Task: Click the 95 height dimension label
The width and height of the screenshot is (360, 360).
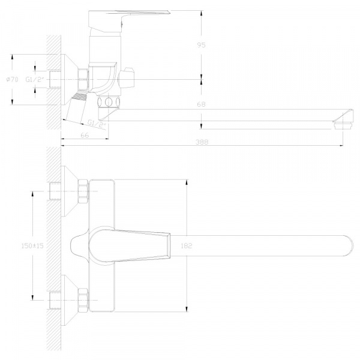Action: click(x=202, y=45)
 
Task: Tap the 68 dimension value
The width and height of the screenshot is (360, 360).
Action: click(x=201, y=104)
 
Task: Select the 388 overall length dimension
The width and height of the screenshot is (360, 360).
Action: click(x=202, y=142)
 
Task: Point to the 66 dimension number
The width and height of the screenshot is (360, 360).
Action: click(x=85, y=135)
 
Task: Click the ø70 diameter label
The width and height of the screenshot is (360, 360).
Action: click(x=12, y=79)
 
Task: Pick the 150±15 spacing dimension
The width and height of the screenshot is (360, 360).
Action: click(x=32, y=245)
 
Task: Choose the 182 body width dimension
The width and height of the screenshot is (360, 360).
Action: click(x=186, y=245)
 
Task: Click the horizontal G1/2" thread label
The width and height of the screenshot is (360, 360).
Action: click(x=35, y=80)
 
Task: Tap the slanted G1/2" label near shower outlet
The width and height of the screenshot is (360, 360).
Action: click(x=97, y=124)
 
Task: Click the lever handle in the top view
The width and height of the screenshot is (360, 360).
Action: click(x=130, y=246)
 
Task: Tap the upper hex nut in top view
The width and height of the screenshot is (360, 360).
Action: click(x=83, y=191)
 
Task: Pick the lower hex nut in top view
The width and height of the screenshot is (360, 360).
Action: click(x=83, y=300)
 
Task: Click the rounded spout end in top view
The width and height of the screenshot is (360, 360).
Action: click(x=347, y=245)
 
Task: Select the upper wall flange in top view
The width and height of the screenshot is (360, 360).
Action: click(x=70, y=191)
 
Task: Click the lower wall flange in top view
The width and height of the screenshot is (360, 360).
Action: click(x=70, y=300)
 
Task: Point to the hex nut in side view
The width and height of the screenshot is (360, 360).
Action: click(x=83, y=79)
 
